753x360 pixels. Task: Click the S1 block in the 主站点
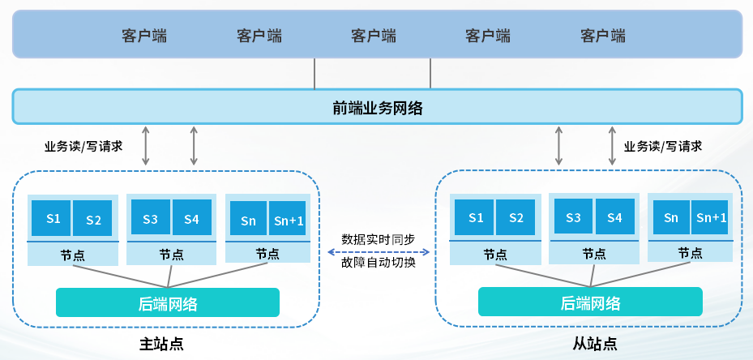[52, 218]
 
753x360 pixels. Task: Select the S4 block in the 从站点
[614, 217]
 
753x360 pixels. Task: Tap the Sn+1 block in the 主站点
[288, 219]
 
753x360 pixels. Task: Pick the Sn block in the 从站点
[670, 217]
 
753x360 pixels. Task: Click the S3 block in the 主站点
[150, 218]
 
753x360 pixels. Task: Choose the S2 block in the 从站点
[516, 217]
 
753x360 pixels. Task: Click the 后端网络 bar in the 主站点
[168, 303]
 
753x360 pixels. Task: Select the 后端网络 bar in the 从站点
[590, 303]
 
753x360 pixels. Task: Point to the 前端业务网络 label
[377, 107]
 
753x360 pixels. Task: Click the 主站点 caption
[161, 343]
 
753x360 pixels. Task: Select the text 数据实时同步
[379, 239]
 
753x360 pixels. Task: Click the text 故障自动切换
[379, 263]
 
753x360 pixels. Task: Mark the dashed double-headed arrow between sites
[379, 251]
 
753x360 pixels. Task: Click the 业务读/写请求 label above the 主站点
[83, 147]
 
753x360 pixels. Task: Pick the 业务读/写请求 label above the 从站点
[662, 147]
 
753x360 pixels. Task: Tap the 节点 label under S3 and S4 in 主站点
[170, 254]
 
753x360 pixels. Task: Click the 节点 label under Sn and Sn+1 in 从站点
[690, 253]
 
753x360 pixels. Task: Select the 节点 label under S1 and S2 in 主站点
[72, 254]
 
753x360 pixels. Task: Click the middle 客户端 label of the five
[374, 36]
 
